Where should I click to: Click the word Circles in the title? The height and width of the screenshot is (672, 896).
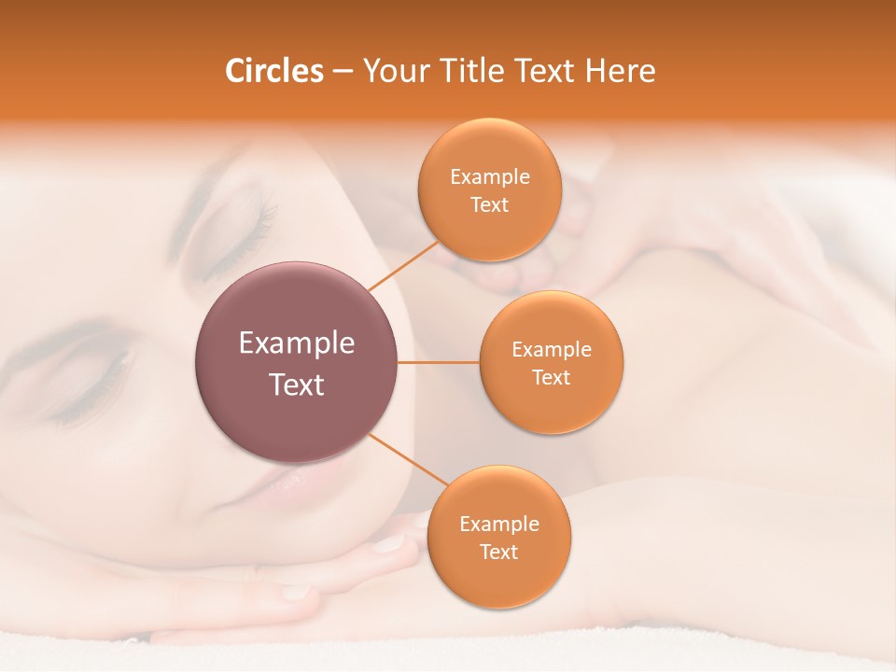(x=274, y=71)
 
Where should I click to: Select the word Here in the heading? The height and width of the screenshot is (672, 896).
(x=621, y=71)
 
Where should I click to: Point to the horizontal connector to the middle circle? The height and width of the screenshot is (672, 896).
(x=439, y=362)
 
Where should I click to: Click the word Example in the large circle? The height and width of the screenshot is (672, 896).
(x=297, y=343)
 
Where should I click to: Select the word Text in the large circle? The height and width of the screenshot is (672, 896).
(x=297, y=385)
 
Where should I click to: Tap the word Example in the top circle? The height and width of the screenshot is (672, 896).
(x=490, y=177)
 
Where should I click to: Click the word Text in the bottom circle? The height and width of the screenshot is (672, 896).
(x=499, y=553)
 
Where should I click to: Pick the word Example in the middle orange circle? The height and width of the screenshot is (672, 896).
(x=552, y=350)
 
